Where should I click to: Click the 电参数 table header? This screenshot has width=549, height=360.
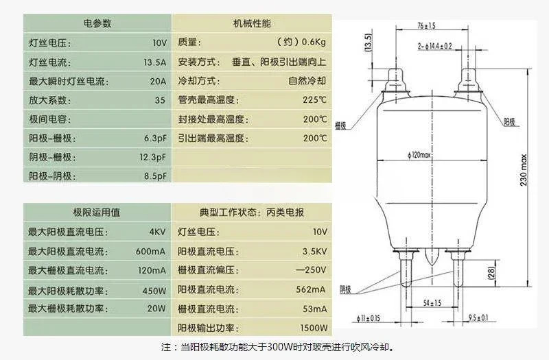pos(97,23)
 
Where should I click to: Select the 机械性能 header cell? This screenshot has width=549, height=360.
pos(252,23)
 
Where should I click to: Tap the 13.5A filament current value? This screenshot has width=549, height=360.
pos(155,62)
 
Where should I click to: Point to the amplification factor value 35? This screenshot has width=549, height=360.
pos(160,100)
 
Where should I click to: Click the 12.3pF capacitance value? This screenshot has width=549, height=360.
pos(152,157)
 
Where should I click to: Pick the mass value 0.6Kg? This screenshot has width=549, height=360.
pos(314,43)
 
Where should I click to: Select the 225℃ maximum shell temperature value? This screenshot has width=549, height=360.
pos(314,100)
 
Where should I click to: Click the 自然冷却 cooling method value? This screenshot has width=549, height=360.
pos(307,81)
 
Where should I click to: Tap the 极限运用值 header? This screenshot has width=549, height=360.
pos(97,213)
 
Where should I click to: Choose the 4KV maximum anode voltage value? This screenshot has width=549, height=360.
pos(158,232)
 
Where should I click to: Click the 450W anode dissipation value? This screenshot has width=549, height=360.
pos(154,291)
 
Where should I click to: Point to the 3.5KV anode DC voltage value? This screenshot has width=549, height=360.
pos(314,252)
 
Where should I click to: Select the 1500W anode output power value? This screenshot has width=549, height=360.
pos(314,328)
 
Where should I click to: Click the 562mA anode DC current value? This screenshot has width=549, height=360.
pos(311,289)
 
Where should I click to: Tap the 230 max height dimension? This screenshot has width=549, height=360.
pos(524,170)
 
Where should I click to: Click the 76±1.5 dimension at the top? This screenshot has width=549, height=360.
pos(426,25)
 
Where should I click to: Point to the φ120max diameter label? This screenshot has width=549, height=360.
pos(419,155)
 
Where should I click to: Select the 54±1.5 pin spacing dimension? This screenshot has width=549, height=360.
pos(432,303)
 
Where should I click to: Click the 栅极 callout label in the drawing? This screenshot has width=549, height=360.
pos(340,125)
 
